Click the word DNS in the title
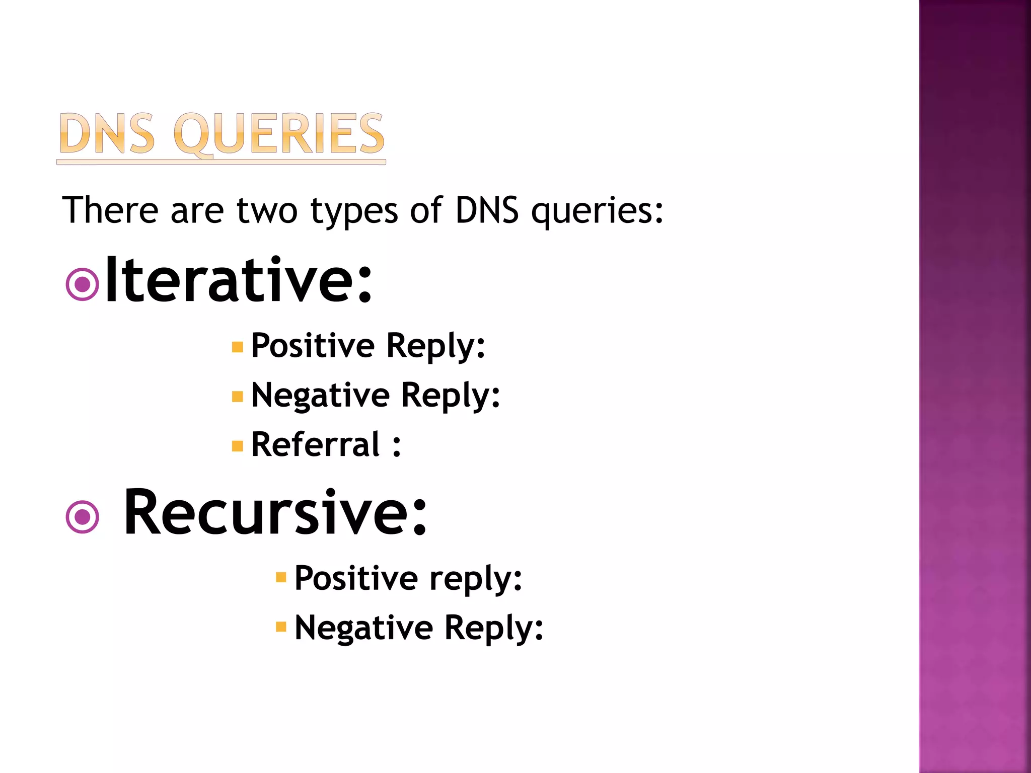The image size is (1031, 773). tap(107, 134)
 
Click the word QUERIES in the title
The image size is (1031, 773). tap(279, 134)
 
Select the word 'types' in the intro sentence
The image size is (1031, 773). tap(354, 211)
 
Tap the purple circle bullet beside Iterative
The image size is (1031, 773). tap(82, 284)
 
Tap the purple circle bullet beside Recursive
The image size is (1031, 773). tap(82, 517)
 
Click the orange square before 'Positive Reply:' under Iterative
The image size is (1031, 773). tap(238, 347)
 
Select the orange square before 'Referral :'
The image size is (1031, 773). tap(238, 446)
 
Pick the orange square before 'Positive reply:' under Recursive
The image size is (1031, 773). tap(281, 577)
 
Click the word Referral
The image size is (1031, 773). tap(315, 445)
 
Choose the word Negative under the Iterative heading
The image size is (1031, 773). tap(320, 396)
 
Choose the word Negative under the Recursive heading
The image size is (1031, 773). tap(363, 628)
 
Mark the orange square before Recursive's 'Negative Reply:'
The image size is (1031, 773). tap(281, 627)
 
